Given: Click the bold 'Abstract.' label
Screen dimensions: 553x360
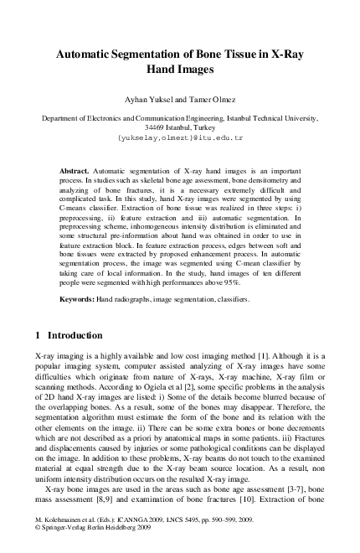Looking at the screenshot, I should coord(78,169).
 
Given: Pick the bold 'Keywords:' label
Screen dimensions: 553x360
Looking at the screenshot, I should coord(80,299).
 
